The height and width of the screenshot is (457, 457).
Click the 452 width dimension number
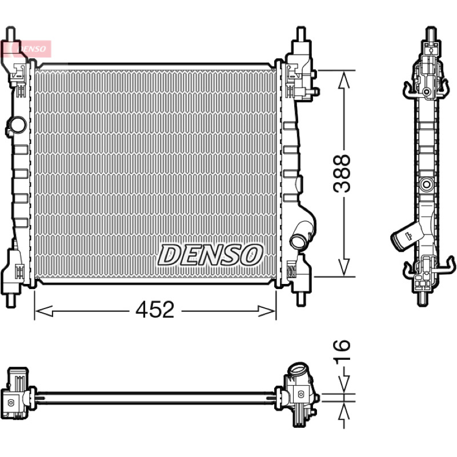155,309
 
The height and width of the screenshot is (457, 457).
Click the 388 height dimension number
342,174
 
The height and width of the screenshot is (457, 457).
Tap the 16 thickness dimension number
342,352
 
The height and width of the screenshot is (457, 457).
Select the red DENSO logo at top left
26,49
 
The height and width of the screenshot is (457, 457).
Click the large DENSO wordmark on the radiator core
210,255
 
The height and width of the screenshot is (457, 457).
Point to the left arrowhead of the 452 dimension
44,311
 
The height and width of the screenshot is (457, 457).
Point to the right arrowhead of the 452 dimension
267,311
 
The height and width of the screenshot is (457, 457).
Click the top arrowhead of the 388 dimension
344,79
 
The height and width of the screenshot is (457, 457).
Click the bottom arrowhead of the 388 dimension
344,267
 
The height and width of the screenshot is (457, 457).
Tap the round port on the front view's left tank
17,125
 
